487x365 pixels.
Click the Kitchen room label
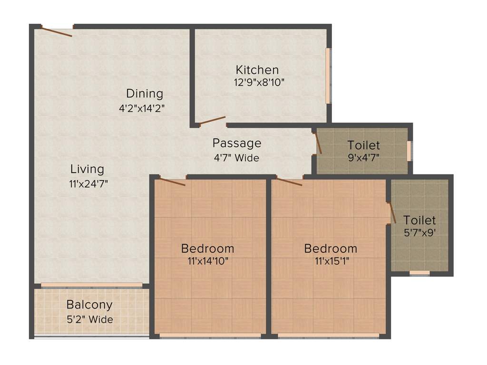pyautogui.click(x=257, y=70)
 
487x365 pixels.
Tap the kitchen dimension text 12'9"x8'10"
pyautogui.click(x=259, y=82)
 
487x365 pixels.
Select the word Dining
pyautogui.click(x=144, y=94)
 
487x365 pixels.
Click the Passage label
pyautogui.click(x=236, y=143)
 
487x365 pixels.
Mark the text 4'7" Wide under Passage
pyautogui.click(x=236, y=158)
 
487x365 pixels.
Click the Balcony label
pyautogui.click(x=89, y=305)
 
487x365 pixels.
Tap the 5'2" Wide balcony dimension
pyautogui.click(x=90, y=319)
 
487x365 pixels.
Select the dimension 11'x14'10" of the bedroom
pyautogui.click(x=208, y=260)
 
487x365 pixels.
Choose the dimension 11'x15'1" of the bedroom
pyautogui.click(x=331, y=260)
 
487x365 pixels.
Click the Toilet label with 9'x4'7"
pyautogui.click(x=363, y=145)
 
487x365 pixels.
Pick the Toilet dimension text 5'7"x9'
pyautogui.click(x=419, y=233)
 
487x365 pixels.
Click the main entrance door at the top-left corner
pyautogui.click(x=57, y=32)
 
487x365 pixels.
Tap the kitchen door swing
pyautogui.click(x=212, y=120)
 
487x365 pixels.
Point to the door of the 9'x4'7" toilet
pyautogui.click(x=318, y=143)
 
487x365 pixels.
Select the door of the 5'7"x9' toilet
pyautogui.click(x=391, y=212)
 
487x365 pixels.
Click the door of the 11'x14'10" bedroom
pyautogui.click(x=172, y=181)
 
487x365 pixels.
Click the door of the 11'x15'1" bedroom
pyautogui.click(x=289, y=182)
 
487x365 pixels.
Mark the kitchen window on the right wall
pyautogui.click(x=328, y=75)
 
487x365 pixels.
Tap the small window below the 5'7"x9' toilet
pyautogui.click(x=419, y=273)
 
